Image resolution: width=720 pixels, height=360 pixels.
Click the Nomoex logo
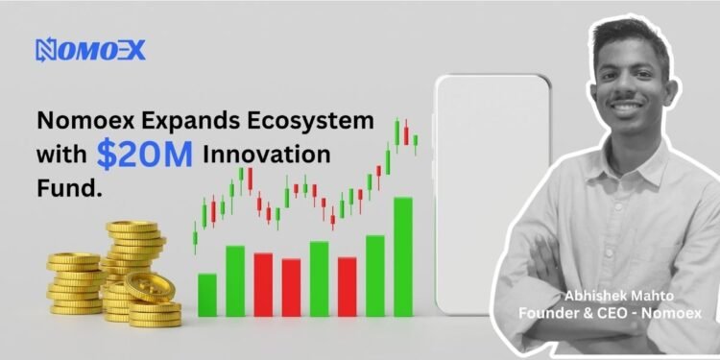[x=90, y=50]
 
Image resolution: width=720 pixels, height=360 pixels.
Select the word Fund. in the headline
[x=68, y=189]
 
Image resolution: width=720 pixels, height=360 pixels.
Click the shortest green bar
[x=206, y=294]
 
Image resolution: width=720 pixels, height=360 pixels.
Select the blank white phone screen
[x=492, y=192]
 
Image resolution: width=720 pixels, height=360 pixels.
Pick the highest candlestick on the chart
[x=396, y=132]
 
